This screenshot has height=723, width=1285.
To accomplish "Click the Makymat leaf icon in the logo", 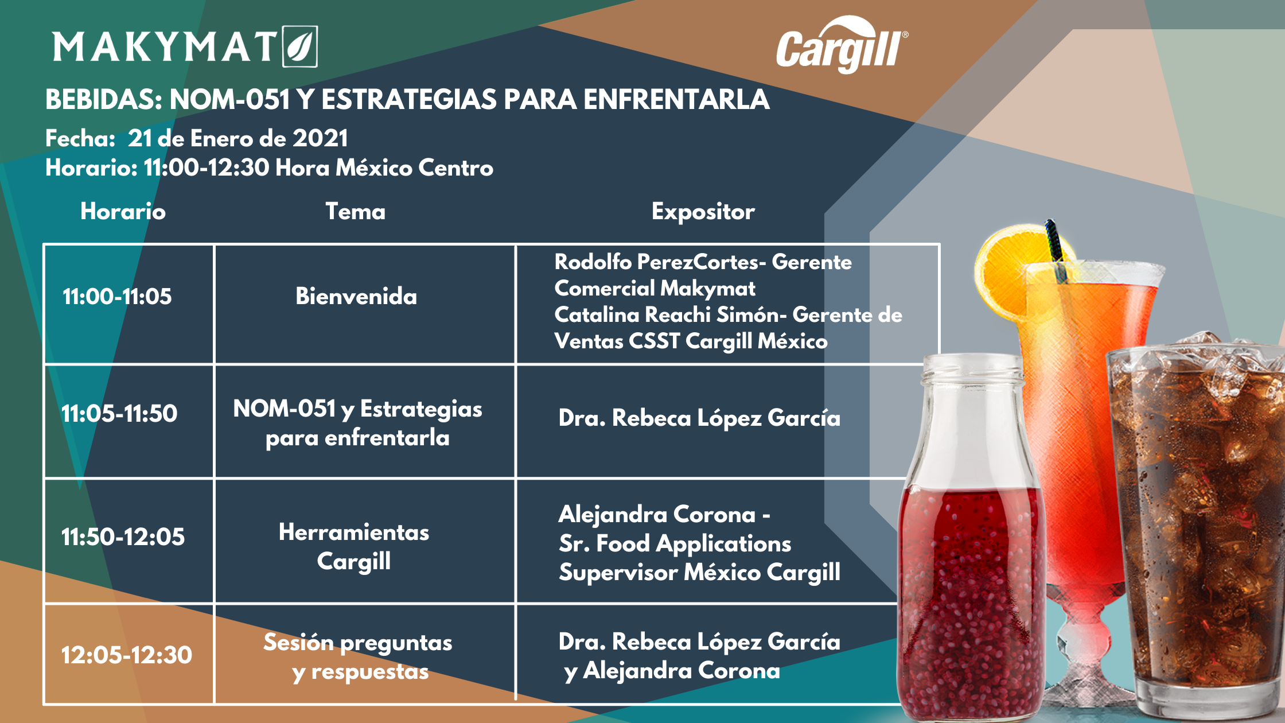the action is [x=300, y=46].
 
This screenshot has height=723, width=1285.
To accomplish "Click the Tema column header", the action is [x=356, y=211].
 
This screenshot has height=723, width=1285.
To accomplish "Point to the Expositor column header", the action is [x=703, y=212].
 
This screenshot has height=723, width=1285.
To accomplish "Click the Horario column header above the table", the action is [x=123, y=211].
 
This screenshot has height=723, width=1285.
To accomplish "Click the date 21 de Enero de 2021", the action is [x=237, y=138].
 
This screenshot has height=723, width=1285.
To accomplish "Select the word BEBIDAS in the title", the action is [x=104, y=99].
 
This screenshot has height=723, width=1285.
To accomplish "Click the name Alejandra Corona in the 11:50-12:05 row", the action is [x=657, y=514].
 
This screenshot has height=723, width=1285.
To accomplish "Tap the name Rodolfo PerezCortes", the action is [x=654, y=262].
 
